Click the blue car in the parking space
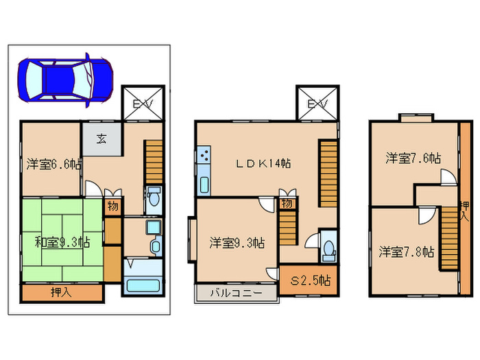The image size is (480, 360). pyautogui.click(x=65, y=80)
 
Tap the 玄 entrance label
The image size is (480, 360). pyautogui.click(x=101, y=139)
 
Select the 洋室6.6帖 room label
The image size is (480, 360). pyautogui.click(x=53, y=165)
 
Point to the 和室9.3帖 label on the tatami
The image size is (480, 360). pyautogui.click(x=62, y=243)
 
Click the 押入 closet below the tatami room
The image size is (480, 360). pyautogui.click(x=61, y=293)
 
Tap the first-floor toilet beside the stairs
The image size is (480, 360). pyautogui.click(x=154, y=198)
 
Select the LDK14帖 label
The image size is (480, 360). pyautogui.click(x=263, y=163)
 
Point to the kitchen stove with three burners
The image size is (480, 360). pyautogui.click(x=204, y=155)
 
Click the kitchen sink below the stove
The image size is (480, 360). pyautogui.click(x=204, y=184)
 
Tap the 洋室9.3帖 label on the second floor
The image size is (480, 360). pyautogui.click(x=237, y=243)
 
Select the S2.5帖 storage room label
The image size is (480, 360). pyautogui.click(x=311, y=280)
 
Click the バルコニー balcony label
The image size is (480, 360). pyautogui.click(x=236, y=293)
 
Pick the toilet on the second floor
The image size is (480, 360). pyautogui.click(x=329, y=250)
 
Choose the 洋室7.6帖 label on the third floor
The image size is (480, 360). pyautogui.click(x=413, y=158)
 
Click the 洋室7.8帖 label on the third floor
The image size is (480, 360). pyautogui.click(x=407, y=252)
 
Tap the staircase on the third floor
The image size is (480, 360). pyautogui.click(x=449, y=239)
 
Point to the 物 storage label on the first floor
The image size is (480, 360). pyautogui.click(x=112, y=206)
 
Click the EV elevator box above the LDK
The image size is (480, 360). pyautogui.click(x=317, y=103)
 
